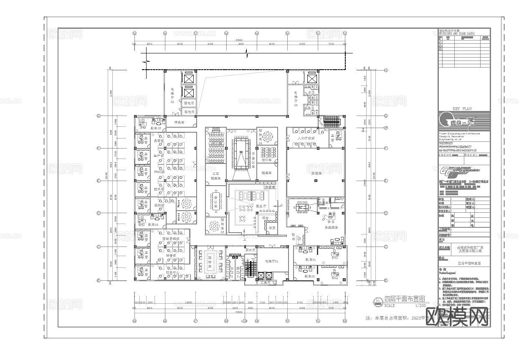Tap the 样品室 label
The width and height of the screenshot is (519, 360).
coord(179,122)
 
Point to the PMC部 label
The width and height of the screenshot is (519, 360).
coord(159,172)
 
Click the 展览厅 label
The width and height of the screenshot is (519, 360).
coord(261,206)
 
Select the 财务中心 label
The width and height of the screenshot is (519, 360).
coord(172,273)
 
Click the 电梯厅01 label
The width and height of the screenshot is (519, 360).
coord(271,261)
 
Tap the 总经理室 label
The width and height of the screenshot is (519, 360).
coord(331,227)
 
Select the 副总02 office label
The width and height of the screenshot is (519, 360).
coord(309,276)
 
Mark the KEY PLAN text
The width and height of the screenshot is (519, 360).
coord(462,108)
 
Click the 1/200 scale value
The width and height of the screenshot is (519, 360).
coord(420,305)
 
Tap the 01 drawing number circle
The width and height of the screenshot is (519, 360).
coord(378,301)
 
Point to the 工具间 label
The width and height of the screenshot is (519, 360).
coord(265,282)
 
